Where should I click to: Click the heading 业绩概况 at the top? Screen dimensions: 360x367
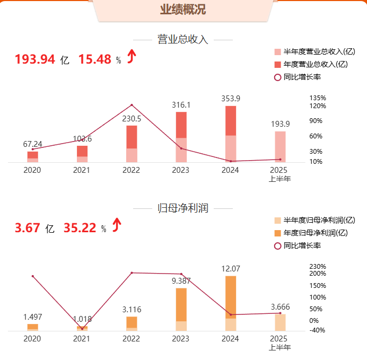[183, 10]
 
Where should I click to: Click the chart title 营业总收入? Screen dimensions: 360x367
[183, 40]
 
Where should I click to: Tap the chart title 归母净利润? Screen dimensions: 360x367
[183, 208]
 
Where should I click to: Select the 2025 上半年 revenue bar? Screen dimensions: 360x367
[280, 146]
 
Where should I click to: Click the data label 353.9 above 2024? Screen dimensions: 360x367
[231, 99]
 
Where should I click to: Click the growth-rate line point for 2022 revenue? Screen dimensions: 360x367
[132, 105]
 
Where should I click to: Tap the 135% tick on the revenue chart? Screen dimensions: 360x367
[318, 99]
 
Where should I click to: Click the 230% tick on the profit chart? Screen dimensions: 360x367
[318, 267]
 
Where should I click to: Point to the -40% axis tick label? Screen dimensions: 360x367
[317, 330]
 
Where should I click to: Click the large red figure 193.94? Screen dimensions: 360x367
[35, 59]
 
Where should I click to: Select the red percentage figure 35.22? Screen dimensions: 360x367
[80, 229]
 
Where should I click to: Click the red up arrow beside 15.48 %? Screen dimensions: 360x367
[132, 56]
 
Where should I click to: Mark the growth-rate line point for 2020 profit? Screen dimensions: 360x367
[32, 276]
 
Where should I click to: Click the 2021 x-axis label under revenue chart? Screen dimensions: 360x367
[81, 170]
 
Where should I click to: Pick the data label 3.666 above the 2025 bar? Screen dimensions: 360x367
[280, 307]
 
